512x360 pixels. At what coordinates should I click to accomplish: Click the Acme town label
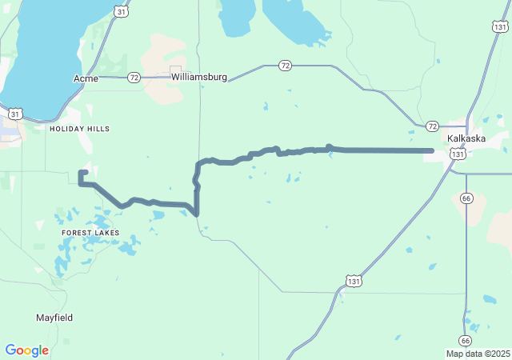point(85,78)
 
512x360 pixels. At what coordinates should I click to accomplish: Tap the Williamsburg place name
point(198,78)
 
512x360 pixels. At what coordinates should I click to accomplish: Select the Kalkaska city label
point(466,138)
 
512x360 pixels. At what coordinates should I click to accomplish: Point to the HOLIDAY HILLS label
point(79,129)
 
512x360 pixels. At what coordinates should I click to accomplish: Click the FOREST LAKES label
point(90,233)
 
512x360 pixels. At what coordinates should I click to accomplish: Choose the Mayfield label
point(54,318)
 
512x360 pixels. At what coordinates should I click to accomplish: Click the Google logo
point(26,350)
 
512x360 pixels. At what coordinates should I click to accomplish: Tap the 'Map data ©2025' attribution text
point(478,354)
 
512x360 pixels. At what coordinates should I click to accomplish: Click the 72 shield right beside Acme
point(134,78)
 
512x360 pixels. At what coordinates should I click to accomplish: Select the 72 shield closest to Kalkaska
point(432,126)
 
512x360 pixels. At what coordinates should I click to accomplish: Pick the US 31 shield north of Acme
point(119,10)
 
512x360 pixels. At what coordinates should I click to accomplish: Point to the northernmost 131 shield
point(500,27)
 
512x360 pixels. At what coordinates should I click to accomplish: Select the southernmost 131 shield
point(354,280)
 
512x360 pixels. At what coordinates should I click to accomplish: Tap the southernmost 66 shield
point(465,340)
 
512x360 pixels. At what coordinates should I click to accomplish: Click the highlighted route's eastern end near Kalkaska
point(431,150)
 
